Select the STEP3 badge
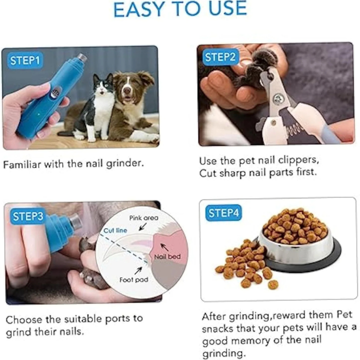click(28, 216)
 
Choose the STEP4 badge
click(223, 213)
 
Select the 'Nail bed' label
click(167, 256)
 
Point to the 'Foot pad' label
click(134, 280)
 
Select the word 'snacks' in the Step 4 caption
click(221, 329)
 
